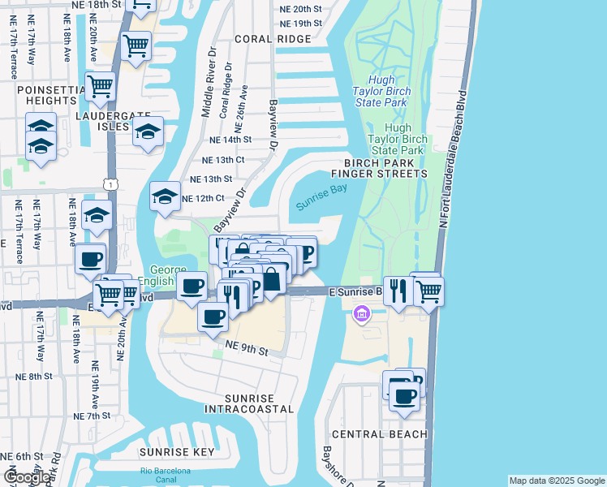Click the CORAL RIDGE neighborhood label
pyautogui.click(x=273, y=39)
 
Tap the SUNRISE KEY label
pyautogui.click(x=177, y=452)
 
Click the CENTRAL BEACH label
pyautogui.click(x=379, y=434)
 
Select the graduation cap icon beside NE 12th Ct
pyautogui.click(x=165, y=196)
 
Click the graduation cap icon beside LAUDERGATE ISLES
pyautogui.click(x=148, y=131)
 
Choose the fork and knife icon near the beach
pyautogui.click(x=398, y=291)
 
